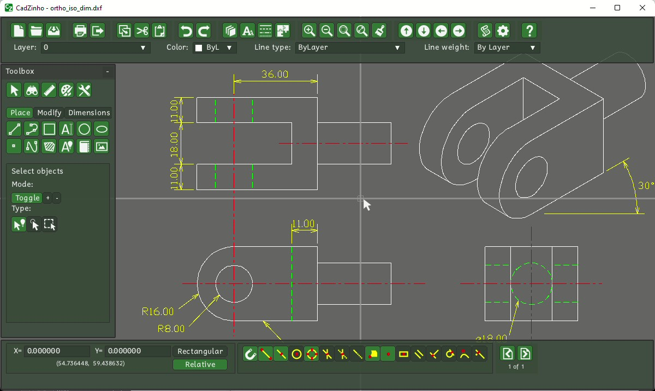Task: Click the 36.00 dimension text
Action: (275, 74)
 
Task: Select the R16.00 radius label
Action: (158, 312)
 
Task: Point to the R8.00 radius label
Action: (171, 329)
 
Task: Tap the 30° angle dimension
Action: (646, 186)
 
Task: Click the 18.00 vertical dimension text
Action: (175, 144)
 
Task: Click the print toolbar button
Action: (80, 31)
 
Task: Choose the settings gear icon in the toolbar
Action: (503, 31)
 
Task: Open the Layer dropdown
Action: (96, 48)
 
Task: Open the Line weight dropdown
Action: (507, 48)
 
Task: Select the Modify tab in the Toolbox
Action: (49, 112)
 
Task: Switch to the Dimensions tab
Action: (89, 112)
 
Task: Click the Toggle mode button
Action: (27, 198)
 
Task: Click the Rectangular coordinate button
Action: (200, 351)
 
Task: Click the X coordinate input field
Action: (57, 351)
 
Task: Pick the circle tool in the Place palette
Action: (84, 129)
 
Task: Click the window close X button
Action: (642, 8)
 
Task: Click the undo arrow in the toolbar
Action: (186, 31)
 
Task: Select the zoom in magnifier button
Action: (309, 31)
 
